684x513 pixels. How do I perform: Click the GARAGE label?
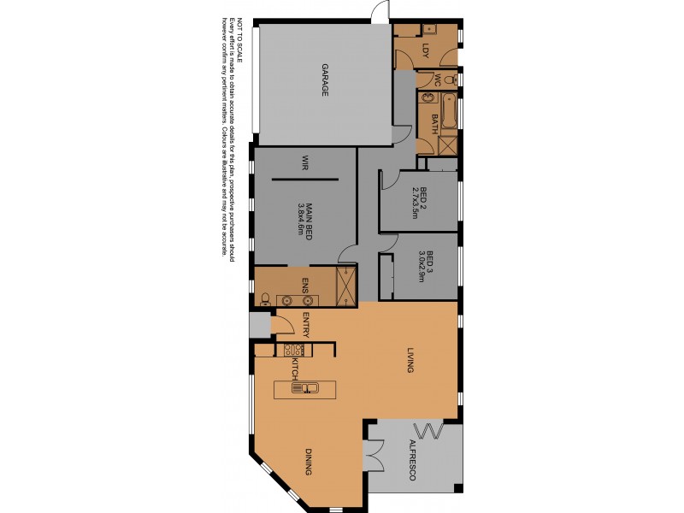[x=325, y=80]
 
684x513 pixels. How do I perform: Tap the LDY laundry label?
[x=425, y=52]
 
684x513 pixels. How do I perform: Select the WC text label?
[x=437, y=80]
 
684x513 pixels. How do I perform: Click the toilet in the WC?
[x=451, y=80]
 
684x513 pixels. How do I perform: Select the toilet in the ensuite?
[x=265, y=299]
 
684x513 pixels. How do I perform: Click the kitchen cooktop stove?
[x=292, y=350]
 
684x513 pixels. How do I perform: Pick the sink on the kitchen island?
[x=304, y=389]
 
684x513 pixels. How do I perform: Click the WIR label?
[x=304, y=163]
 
